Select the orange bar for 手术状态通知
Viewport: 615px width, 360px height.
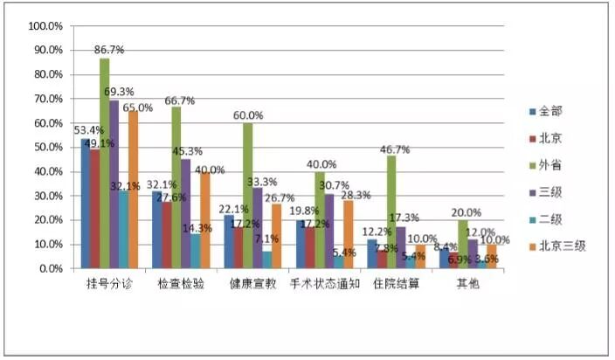[x=348, y=234]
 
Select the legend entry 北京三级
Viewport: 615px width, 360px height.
[x=562, y=246]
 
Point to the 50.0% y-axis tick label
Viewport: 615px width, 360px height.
[x=47, y=147]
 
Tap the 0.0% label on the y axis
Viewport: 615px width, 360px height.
[x=50, y=268]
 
